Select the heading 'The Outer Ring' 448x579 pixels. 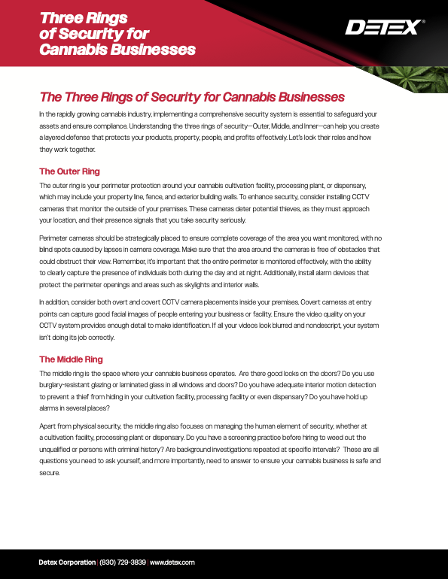click(69, 171)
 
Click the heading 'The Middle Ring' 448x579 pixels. click(71, 359)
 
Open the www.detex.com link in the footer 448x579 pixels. click(173, 562)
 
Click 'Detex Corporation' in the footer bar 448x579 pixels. click(67, 562)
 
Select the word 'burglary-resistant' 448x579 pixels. click(69, 385)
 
